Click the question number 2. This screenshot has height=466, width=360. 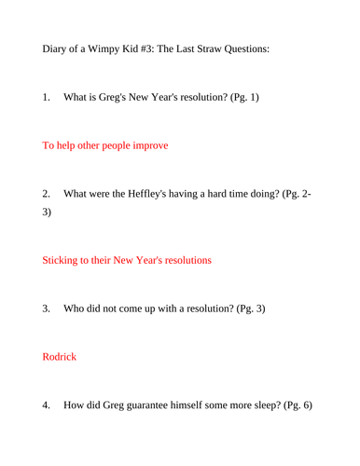[x=47, y=195]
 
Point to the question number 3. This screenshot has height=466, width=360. [x=47, y=308]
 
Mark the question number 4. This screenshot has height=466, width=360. [x=47, y=405]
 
